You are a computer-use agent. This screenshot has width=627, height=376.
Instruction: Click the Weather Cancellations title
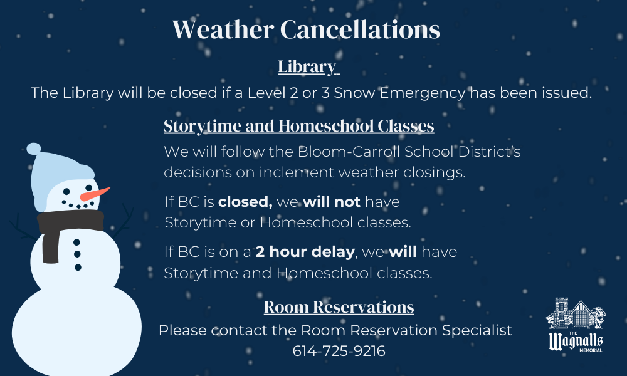306,29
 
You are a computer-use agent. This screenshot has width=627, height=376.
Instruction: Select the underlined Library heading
307,66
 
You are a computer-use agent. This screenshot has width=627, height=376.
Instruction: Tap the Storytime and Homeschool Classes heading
298,126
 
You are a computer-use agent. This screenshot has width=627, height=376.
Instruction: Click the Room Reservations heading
339,307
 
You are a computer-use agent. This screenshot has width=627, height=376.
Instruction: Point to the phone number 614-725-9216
339,351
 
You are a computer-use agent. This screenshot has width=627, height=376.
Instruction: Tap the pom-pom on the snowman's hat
33,149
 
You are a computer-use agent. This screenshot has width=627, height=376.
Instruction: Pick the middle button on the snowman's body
77,254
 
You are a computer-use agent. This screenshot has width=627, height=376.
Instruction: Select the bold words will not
332,202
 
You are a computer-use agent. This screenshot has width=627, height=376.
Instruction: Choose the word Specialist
481,330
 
